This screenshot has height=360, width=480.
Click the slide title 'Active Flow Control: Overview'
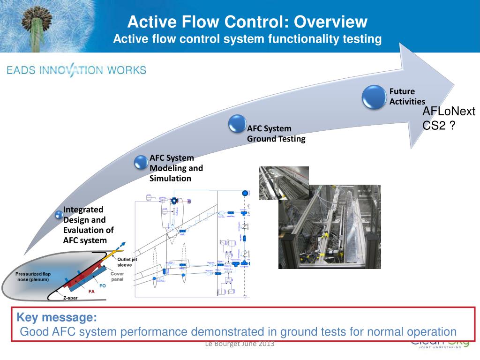[247, 22]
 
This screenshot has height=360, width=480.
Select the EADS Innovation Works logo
[76, 71]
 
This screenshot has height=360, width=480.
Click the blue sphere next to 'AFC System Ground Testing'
[238, 124]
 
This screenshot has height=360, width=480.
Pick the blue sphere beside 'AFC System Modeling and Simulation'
[141, 162]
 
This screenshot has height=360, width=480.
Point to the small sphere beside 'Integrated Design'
[59, 215]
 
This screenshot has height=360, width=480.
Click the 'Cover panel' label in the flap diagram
[117, 276]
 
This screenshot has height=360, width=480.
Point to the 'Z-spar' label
[70, 298]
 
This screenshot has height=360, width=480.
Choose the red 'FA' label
[92, 291]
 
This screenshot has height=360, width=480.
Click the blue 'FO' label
[102, 285]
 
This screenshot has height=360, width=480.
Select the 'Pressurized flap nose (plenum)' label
[33, 277]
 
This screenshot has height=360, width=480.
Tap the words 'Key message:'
[57, 317]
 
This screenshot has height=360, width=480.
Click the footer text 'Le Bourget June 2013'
[240, 344]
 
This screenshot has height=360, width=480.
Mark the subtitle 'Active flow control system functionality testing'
[247, 39]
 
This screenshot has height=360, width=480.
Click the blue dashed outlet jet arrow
[120, 247]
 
